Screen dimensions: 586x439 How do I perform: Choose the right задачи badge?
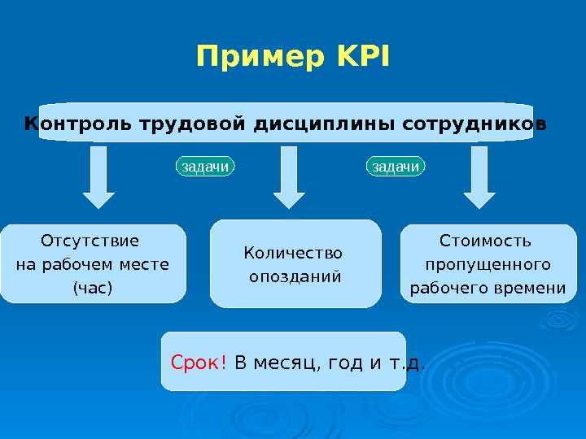click(396, 167)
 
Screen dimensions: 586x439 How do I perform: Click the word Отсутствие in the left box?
click(90, 241)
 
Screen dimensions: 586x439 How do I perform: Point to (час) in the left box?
click(93, 288)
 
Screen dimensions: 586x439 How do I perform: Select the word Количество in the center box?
click(294, 253)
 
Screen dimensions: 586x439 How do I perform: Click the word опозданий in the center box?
click(295, 276)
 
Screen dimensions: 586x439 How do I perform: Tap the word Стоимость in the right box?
click(485, 241)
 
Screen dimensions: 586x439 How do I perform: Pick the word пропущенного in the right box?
click(488, 265)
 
